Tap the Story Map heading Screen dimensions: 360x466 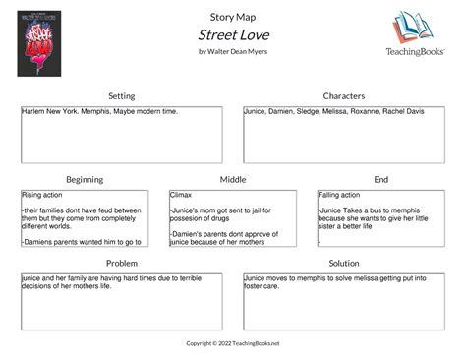pyautogui.click(x=233, y=15)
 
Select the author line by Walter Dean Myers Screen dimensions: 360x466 pyautogui.click(x=233, y=51)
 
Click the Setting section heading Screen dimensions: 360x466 pyautogui.click(x=122, y=95)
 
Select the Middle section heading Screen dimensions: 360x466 pyautogui.click(x=233, y=179)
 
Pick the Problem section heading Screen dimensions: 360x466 pyautogui.click(x=122, y=264)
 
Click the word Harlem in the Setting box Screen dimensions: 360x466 pyautogui.click(x=32, y=112)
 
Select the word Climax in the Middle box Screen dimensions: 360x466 pyautogui.click(x=181, y=196)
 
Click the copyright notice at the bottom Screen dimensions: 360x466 pyautogui.click(x=233, y=343)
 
